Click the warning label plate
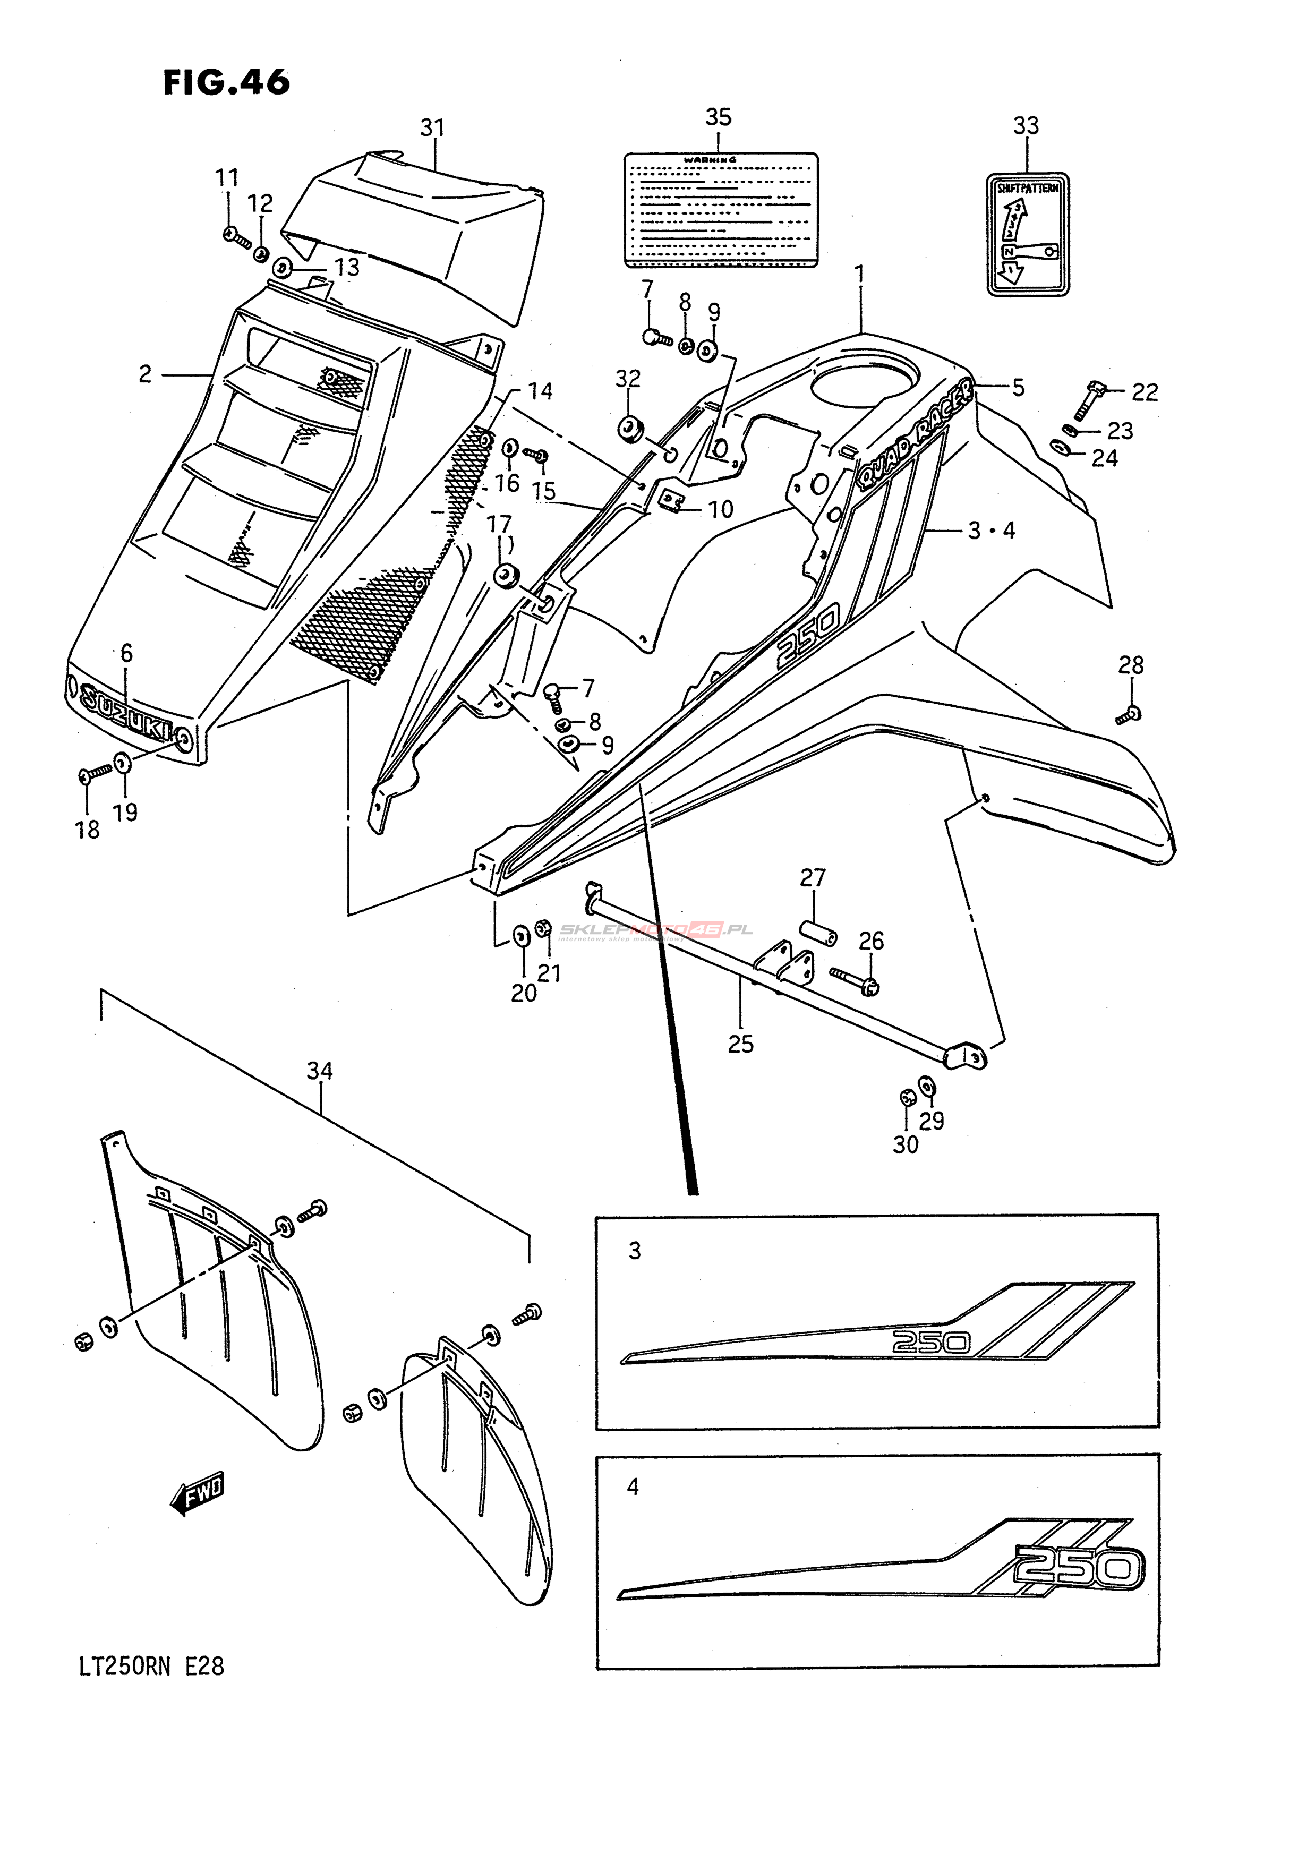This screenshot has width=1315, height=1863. tap(720, 209)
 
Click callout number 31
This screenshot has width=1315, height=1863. tap(432, 127)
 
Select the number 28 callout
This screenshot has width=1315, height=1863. tap(1130, 665)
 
